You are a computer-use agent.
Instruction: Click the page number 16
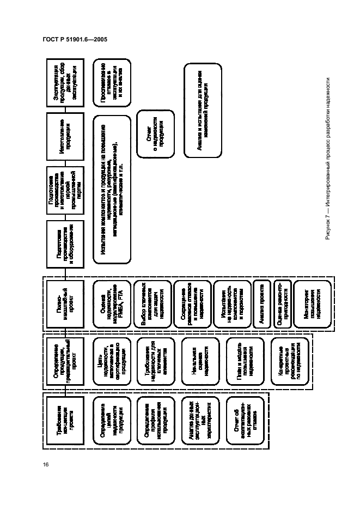click(46, 464)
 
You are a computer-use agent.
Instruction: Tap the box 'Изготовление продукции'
click(65, 136)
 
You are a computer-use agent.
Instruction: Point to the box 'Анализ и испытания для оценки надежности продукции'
click(200, 110)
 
